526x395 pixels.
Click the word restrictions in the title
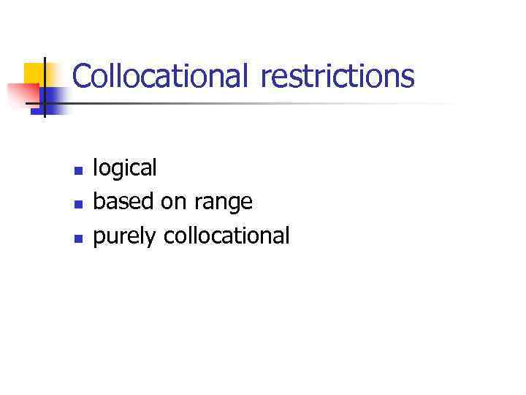click(x=337, y=76)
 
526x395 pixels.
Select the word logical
click(x=125, y=168)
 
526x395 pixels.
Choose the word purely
click(x=126, y=237)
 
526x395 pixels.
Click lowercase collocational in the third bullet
click(x=226, y=236)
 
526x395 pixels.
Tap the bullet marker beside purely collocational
click(x=77, y=238)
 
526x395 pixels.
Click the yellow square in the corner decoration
click(x=34, y=73)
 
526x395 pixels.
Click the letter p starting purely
click(x=99, y=238)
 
